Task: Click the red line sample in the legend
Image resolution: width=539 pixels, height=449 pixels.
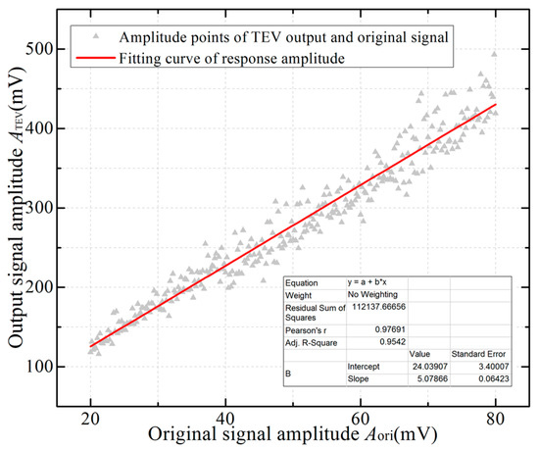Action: tap(93, 57)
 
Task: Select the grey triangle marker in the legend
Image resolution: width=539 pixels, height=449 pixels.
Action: tap(93, 36)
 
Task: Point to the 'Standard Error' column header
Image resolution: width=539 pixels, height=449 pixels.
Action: tap(474, 353)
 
